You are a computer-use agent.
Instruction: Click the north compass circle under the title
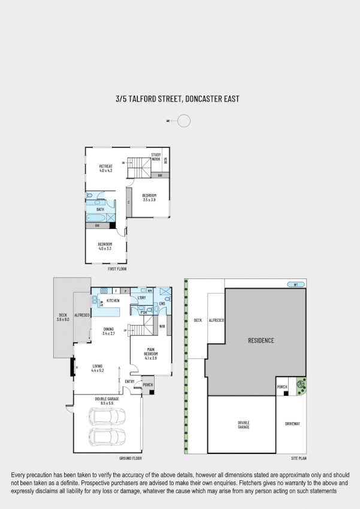[184, 121]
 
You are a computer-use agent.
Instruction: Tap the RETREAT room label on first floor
[105, 166]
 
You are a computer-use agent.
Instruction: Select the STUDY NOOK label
[156, 157]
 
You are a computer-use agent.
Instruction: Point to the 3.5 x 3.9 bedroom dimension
[149, 200]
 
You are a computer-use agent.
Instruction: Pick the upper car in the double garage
[107, 417]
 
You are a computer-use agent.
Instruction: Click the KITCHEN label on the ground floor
[113, 300]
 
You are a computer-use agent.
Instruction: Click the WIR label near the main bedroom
[162, 326]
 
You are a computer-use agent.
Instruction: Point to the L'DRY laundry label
[141, 298]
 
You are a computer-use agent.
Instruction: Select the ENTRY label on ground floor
[129, 381]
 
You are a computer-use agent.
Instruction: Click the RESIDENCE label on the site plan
[261, 341]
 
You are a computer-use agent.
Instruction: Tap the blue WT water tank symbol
[292, 285]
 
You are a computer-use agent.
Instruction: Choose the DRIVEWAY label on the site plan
[292, 423]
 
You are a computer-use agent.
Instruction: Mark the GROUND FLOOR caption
[129, 457]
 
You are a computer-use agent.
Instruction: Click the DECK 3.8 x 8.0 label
[63, 317]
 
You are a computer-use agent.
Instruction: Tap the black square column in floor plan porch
[152, 392]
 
